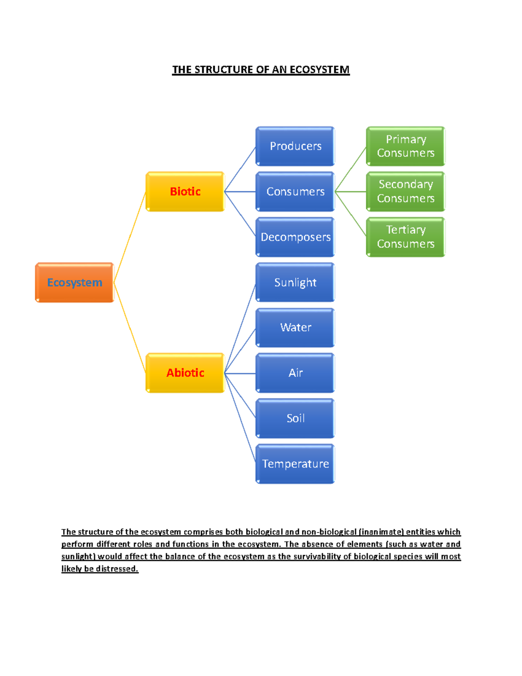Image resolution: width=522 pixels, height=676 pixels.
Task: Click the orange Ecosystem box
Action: [x=75, y=282]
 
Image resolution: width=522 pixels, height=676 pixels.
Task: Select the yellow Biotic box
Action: [x=185, y=192]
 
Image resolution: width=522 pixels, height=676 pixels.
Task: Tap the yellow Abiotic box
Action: [x=185, y=373]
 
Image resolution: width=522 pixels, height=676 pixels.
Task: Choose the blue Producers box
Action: [x=295, y=146]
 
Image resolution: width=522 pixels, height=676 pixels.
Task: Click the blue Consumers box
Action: [x=295, y=192]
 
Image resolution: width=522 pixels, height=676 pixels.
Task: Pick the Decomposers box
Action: [x=295, y=237]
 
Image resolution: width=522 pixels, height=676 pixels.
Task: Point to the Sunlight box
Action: [x=295, y=282]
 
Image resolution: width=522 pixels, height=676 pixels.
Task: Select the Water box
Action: [x=295, y=327]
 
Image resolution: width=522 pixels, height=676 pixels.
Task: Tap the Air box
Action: [x=295, y=373]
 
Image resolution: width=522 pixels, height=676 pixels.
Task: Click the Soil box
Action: [x=295, y=418]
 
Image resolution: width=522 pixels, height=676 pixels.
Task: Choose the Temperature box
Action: [x=295, y=464]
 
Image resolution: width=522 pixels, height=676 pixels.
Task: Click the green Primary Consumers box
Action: [x=405, y=146]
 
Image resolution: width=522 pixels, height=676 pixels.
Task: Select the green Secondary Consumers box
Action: [x=405, y=192]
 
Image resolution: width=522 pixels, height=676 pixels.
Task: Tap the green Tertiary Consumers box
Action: [x=405, y=237]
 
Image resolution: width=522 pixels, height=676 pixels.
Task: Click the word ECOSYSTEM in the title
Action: [x=320, y=70]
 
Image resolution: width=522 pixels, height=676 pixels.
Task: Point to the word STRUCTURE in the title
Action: [x=224, y=70]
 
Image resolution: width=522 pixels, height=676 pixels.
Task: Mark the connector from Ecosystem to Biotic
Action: [x=130, y=237]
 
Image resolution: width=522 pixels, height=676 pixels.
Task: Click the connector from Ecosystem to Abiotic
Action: [x=130, y=328]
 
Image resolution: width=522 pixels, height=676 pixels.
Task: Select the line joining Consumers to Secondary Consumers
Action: [x=350, y=192]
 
